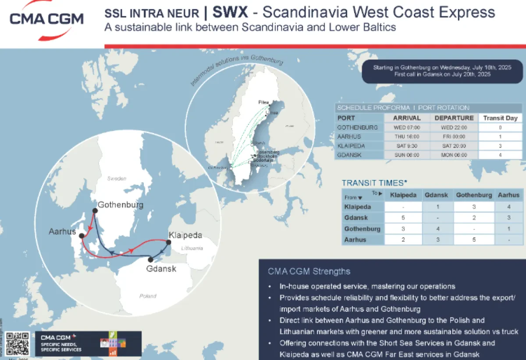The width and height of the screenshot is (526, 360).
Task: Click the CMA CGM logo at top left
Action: (x=46, y=20)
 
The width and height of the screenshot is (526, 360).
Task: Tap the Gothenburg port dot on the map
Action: (x=94, y=211)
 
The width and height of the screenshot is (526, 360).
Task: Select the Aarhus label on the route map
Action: (x=63, y=231)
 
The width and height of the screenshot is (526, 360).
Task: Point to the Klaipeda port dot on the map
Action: (x=169, y=242)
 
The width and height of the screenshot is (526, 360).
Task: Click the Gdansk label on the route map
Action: (x=161, y=268)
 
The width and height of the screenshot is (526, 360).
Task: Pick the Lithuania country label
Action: (x=191, y=248)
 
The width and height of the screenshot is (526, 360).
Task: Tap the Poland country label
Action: (x=148, y=296)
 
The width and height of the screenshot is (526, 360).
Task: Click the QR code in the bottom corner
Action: (x=18, y=343)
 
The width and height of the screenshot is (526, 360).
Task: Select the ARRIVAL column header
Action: (x=407, y=118)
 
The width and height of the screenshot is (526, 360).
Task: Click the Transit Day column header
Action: (x=500, y=118)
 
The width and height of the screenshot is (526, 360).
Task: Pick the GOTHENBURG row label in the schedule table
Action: (x=358, y=127)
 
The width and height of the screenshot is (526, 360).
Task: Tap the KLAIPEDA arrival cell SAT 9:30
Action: (x=407, y=146)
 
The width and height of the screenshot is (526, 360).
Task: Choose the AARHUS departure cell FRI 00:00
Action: (x=454, y=137)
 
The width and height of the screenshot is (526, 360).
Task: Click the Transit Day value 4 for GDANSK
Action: (x=500, y=155)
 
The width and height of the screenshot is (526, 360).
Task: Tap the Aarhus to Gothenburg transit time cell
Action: (x=474, y=240)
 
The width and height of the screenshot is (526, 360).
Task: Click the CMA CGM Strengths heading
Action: (x=309, y=272)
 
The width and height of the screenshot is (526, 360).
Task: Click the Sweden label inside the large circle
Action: (x=117, y=178)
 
